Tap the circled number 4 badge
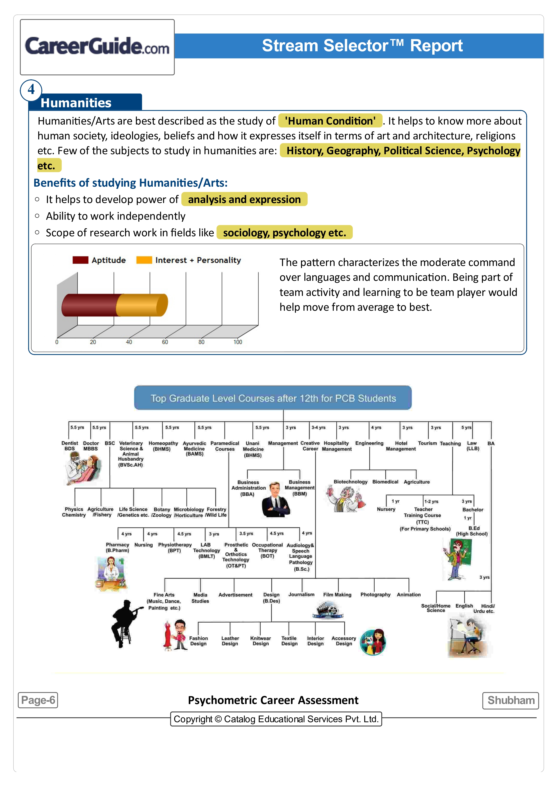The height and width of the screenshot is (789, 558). point(31,90)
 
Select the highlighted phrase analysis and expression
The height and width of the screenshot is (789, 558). point(244,199)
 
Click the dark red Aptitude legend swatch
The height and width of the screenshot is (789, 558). point(81,260)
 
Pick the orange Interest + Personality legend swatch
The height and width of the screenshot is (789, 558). point(144,260)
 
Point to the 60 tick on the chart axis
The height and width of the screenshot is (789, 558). point(165,342)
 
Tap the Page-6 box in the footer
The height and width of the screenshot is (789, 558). point(38,700)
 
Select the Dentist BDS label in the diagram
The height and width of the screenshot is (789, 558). point(70,446)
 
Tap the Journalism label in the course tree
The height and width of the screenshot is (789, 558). point(301,595)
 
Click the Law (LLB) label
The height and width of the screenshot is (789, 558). point(472,446)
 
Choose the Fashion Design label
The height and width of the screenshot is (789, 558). point(198,641)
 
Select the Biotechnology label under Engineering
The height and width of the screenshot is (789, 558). point(350,482)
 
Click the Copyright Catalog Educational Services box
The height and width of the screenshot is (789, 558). point(276,719)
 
